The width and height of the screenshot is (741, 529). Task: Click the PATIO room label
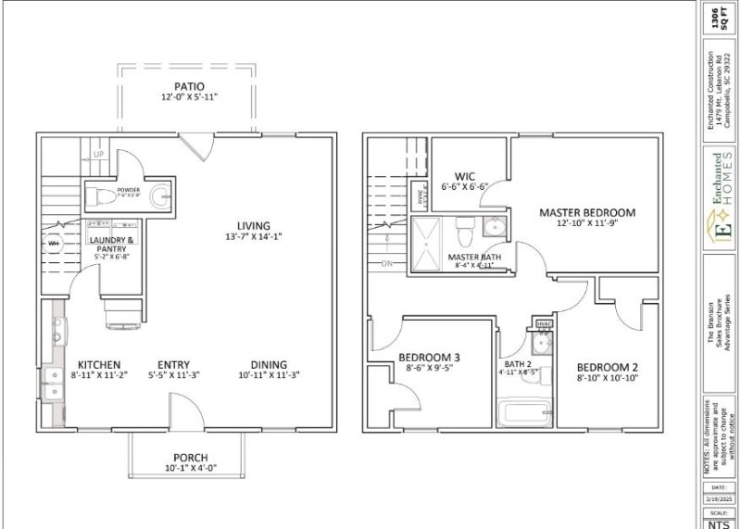[188, 86]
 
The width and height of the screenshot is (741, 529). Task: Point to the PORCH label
[190, 458]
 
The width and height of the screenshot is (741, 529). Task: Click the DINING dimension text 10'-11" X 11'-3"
[261, 375]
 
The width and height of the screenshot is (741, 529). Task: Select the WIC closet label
[464, 176]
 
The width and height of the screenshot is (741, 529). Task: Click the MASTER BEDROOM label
[585, 213]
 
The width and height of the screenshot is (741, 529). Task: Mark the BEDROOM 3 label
[429, 358]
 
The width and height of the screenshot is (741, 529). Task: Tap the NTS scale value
[718, 521]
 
